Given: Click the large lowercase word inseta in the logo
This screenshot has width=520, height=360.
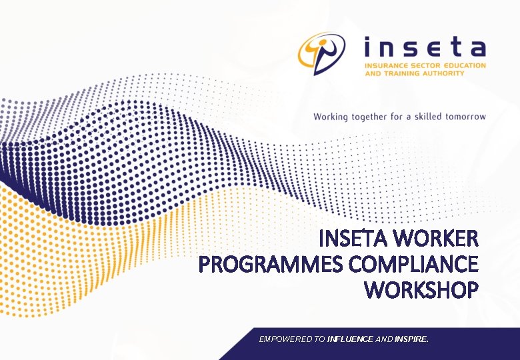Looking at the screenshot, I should (x=425, y=48).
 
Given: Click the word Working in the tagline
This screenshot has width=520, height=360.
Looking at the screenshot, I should (x=331, y=117).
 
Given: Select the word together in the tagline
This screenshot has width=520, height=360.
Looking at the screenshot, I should (x=369, y=117).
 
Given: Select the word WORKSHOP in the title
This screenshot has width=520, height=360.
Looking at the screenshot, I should (x=421, y=291).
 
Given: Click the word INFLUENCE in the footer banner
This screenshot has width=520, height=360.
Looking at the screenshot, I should (x=350, y=339).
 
